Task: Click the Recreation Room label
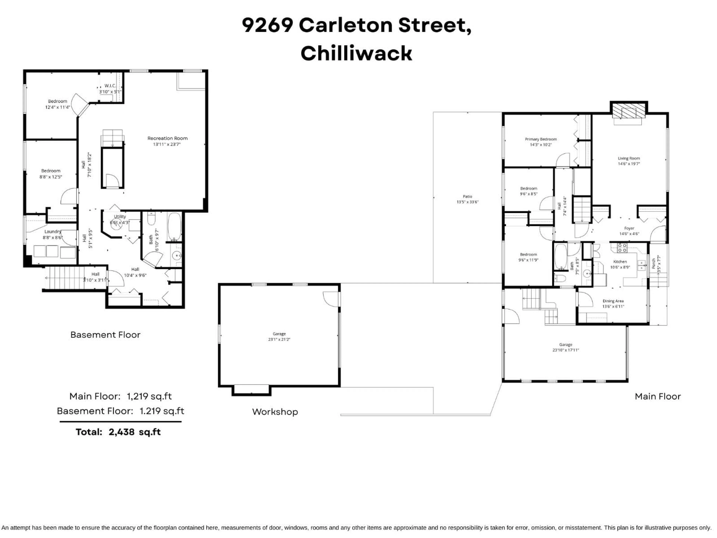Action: [x=167, y=138]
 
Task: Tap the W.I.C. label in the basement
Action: [x=110, y=86]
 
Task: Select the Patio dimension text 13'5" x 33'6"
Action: [x=467, y=202]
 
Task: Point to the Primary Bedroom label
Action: [x=541, y=139]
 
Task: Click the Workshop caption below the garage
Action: [x=275, y=412]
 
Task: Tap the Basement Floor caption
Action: [x=105, y=335]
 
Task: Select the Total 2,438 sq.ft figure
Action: [x=134, y=432]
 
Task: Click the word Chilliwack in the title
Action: [x=356, y=53]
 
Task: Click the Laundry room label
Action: [x=52, y=231]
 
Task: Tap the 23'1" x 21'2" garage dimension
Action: [x=279, y=339]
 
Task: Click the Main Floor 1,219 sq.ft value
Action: [x=149, y=396]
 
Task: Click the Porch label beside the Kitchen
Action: [x=654, y=263]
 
